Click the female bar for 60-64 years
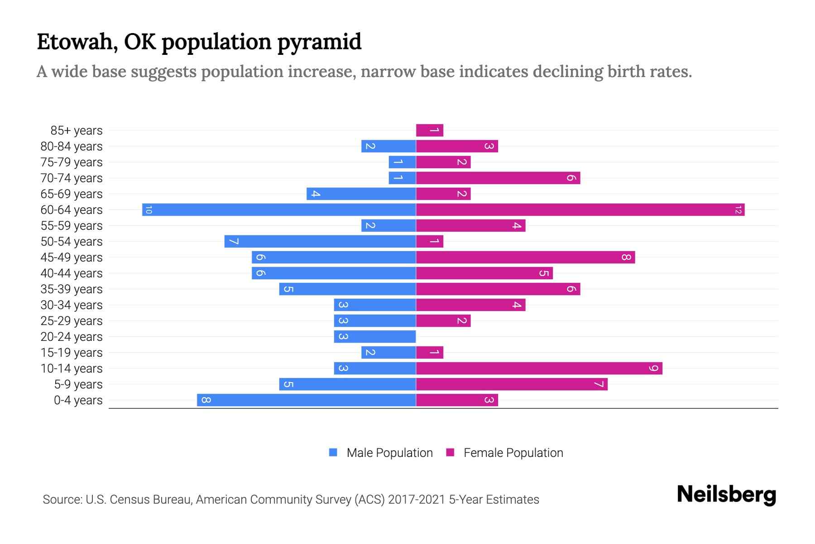pos(580,210)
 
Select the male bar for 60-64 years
pos(279,210)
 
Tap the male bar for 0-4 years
pos(307,400)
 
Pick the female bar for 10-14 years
pos(539,369)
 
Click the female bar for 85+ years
pos(429,131)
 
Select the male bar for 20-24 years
pos(375,337)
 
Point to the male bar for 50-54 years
pos(320,242)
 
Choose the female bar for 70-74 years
pos(498,178)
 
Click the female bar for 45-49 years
pos(525,257)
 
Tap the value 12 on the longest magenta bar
pos(738,210)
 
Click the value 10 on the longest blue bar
pos(149,210)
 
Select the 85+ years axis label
pos(77,131)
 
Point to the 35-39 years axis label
pos(72,289)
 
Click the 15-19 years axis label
pos(72,353)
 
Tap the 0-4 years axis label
pos(78,400)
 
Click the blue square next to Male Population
pos(333,452)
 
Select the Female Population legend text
pos(513,453)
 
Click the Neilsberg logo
pos(726,495)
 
